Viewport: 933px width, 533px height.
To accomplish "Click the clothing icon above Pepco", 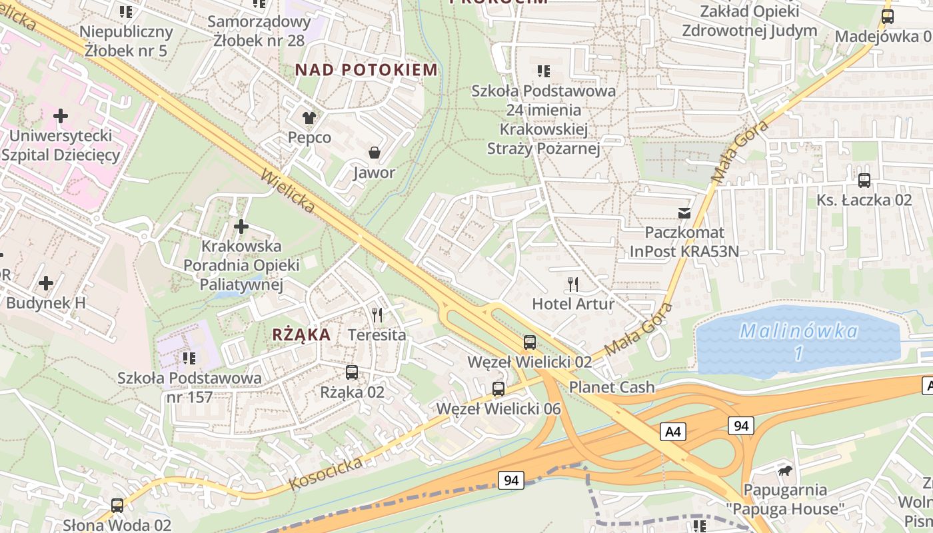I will click(309, 118).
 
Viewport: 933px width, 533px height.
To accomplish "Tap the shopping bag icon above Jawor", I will click(375, 153).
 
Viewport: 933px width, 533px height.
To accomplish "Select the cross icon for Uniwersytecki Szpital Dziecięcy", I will click(61, 116).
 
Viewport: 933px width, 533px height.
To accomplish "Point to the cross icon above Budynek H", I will click(46, 283).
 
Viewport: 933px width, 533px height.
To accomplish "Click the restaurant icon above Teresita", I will click(377, 314).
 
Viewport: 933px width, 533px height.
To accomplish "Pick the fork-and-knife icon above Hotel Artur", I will click(573, 284).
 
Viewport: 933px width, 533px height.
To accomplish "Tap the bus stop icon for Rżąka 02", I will click(352, 372).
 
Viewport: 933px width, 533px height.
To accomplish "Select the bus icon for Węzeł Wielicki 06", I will click(498, 389).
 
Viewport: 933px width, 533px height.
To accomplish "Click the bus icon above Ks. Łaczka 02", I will click(864, 180).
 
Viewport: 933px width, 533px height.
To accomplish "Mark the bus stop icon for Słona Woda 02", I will click(117, 506).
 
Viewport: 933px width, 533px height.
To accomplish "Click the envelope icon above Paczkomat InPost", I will click(684, 213).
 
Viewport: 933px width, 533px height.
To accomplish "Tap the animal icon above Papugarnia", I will click(785, 471).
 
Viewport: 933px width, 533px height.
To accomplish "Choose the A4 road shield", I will click(673, 432).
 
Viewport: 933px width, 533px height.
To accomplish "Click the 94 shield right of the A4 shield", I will click(740, 426).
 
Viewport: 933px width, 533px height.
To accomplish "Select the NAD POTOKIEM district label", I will click(367, 69).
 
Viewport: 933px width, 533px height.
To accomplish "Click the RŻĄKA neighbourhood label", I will click(301, 334).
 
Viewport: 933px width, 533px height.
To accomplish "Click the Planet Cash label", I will click(612, 387).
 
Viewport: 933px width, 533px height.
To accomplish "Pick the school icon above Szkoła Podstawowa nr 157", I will click(189, 358).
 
